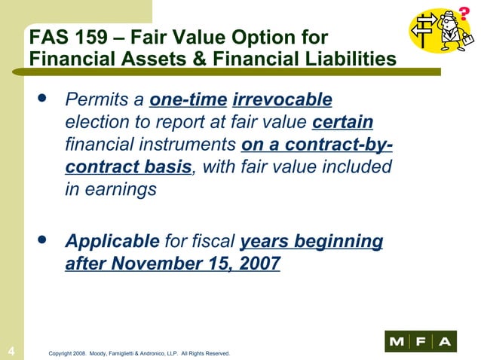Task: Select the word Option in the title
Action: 264,38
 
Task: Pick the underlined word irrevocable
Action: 283,100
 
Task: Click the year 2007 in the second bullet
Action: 257,264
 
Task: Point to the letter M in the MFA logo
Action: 397,342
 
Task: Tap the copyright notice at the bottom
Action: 138,352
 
